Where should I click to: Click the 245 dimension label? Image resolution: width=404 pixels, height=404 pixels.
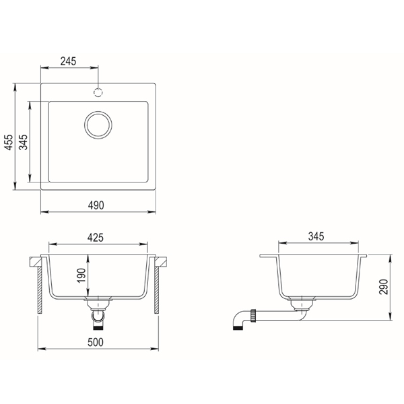click(68, 61)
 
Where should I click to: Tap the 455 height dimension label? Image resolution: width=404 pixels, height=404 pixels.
click(9, 142)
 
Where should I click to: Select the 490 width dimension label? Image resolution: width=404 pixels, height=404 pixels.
click(96, 205)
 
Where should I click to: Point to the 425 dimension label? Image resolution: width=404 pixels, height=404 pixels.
click(96, 238)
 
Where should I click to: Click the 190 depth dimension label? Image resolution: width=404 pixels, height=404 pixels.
click(81, 275)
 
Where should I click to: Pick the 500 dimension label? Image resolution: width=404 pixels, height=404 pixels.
click(96, 342)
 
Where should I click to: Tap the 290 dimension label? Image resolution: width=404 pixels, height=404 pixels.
click(383, 287)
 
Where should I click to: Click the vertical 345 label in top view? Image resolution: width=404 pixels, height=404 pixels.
click(24, 142)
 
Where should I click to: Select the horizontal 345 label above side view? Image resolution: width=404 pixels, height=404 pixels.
click(316, 236)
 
